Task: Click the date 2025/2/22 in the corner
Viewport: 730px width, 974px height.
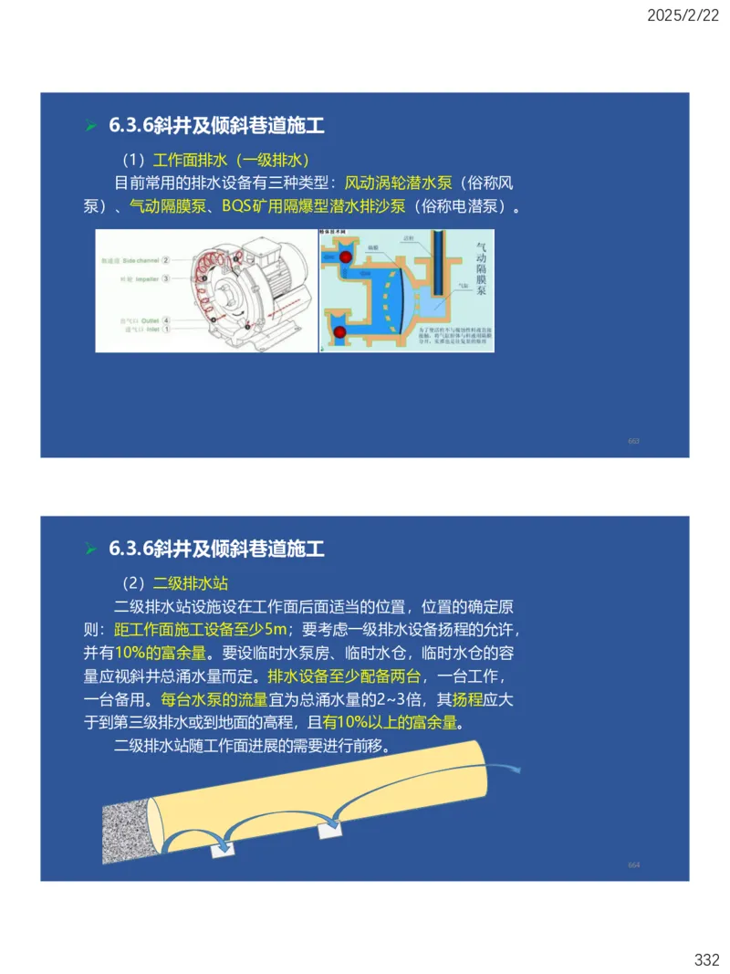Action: click(x=683, y=16)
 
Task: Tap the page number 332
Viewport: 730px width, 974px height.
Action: click(x=706, y=959)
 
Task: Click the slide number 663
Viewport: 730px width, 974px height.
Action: click(x=633, y=441)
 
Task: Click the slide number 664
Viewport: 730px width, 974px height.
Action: click(x=633, y=864)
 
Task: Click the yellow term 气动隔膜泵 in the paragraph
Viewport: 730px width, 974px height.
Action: click(x=166, y=206)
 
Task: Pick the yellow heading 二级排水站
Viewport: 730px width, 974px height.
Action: click(x=190, y=582)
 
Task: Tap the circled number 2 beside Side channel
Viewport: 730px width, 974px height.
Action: click(x=166, y=260)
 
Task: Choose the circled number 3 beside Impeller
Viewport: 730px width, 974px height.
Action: click(x=166, y=278)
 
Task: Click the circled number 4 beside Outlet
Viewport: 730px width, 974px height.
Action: click(x=166, y=320)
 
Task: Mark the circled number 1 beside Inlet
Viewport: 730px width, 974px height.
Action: click(x=166, y=330)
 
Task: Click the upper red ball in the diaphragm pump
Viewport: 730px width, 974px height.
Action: click(x=345, y=258)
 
